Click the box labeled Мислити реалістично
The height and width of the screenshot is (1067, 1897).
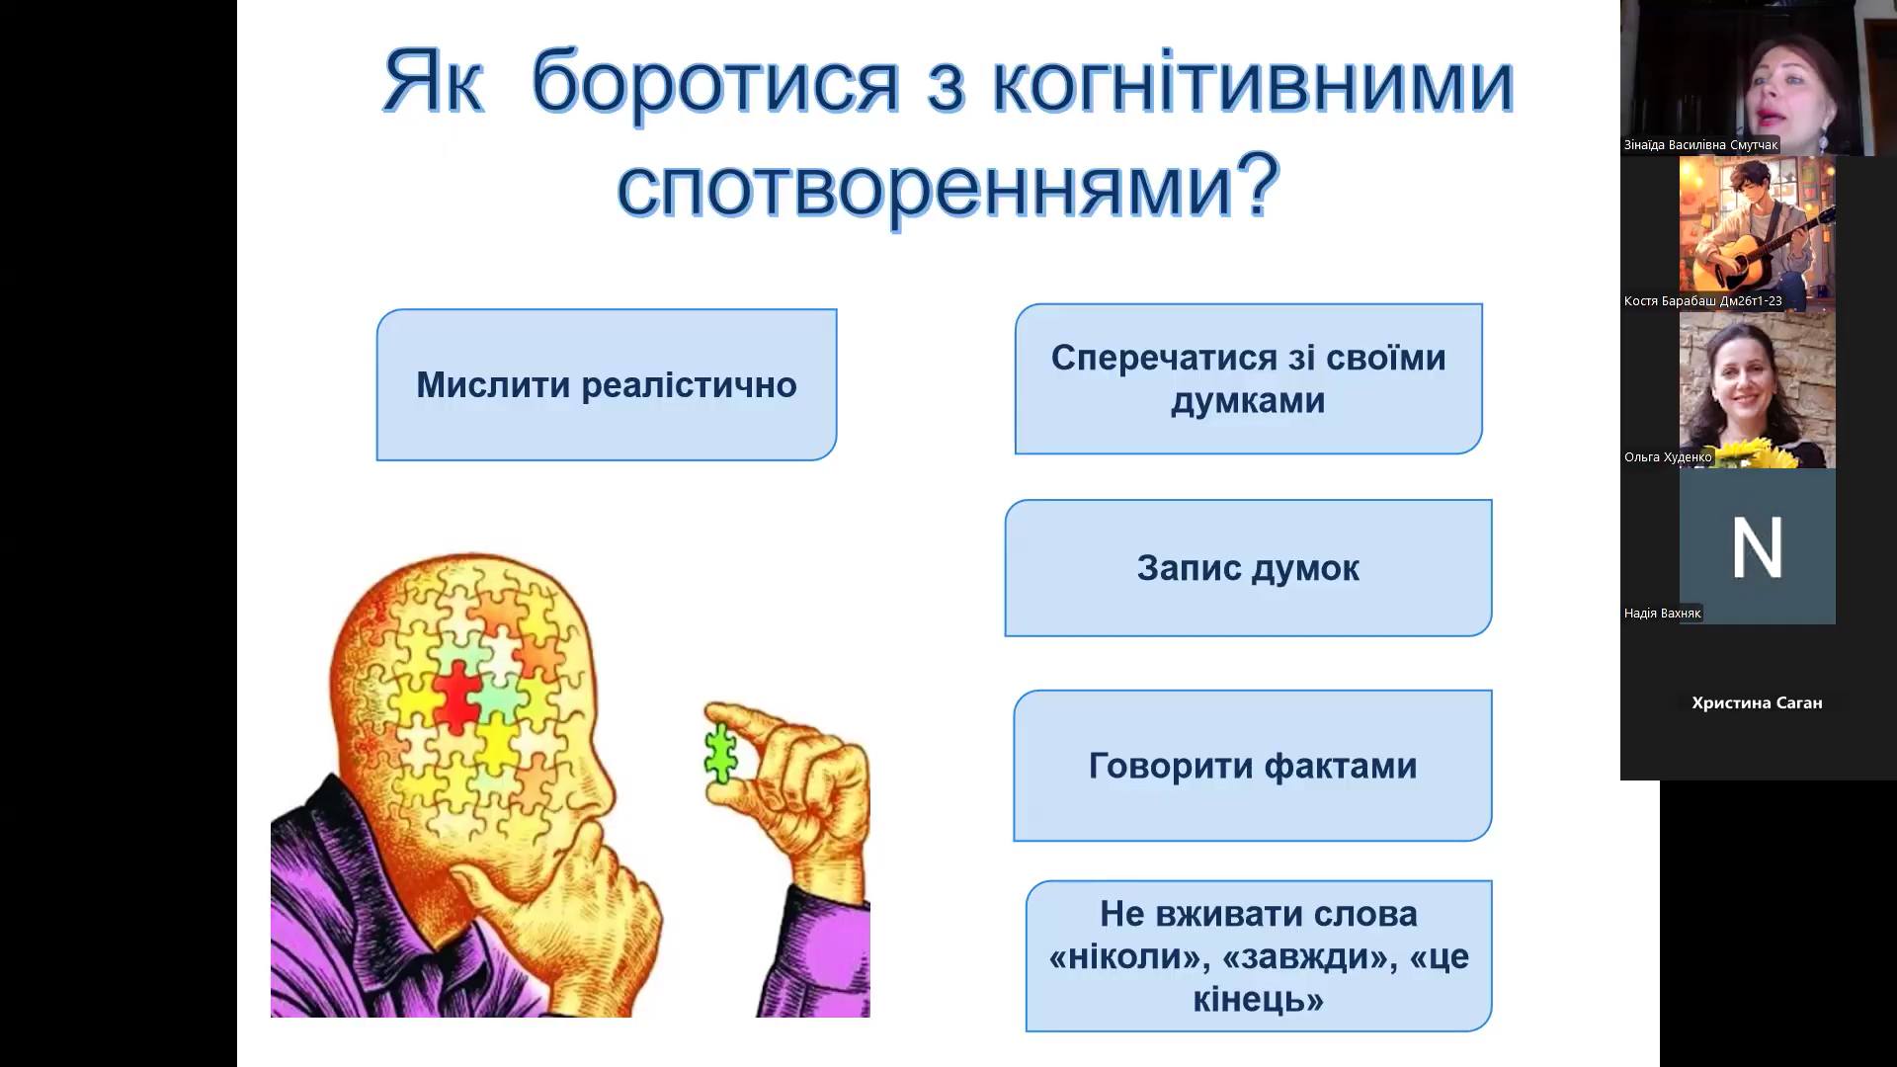click(x=606, y=385)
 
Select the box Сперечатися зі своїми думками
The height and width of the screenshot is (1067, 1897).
click(x=1248, y=379)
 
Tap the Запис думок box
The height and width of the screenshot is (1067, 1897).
click(x=1248, y=568)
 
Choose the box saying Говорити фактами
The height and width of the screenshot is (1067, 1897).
click(x=1252, y=766)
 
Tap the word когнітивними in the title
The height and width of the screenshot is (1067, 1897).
click(x=1252, y=84)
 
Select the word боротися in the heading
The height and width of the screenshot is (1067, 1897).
click(x=715, y=84)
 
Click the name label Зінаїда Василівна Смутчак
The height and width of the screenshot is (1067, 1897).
click(x=1700, y=145)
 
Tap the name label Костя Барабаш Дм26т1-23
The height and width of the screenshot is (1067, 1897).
click(x=1702, y=301)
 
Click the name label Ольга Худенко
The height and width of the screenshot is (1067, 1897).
click(x=1667, y=457)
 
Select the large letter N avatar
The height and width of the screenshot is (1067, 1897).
click(x=1757, y=546)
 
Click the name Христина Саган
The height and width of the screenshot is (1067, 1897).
click(x=1757, y=703)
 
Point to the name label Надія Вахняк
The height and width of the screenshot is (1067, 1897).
click(x=1662, y=614)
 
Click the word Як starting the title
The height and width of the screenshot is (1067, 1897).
click(x=433, y=84)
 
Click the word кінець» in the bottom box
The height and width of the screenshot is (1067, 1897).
click(x=1258, y=1000)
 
